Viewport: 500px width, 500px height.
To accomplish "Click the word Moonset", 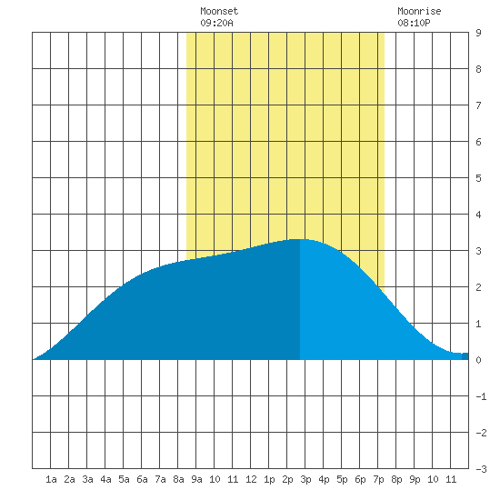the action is (x=219, y=11).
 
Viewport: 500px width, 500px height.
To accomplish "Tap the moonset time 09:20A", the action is (x=216, y=23).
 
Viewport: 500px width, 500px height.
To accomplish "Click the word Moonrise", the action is (x=419, y=11).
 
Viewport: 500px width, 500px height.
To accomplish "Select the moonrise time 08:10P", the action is (x=414, y=23).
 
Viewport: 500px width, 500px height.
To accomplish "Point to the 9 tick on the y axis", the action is (x=478, y=33).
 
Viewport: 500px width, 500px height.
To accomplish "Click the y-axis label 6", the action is (x=478, y=142).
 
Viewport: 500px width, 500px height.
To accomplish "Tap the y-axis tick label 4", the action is (x=478, y=215).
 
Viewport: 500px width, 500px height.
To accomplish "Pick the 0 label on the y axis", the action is (x=478, y=360).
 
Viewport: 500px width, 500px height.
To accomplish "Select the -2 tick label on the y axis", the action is (x=481, y=433).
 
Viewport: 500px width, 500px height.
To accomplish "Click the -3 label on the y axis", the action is (x=481, y=469).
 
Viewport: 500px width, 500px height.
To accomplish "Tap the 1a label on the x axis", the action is (x=51, y=479).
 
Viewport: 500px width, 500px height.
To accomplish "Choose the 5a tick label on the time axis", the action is (x=124, y=479).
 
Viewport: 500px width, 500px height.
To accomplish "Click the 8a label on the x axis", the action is (x=178, y=479).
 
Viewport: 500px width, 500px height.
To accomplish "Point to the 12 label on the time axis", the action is (x=251, y=479).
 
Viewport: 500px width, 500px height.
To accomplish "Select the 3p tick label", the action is (x=305, y=479).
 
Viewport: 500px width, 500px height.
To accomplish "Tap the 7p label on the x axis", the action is (x=378, y=479).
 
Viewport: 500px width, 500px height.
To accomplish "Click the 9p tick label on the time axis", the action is (x=415, y=479).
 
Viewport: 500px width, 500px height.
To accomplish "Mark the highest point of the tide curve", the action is (x=300, y=239).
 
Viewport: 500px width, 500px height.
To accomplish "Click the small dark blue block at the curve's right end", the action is (x=465, y=356).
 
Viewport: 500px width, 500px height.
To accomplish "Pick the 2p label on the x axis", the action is (x=287, y=479).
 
